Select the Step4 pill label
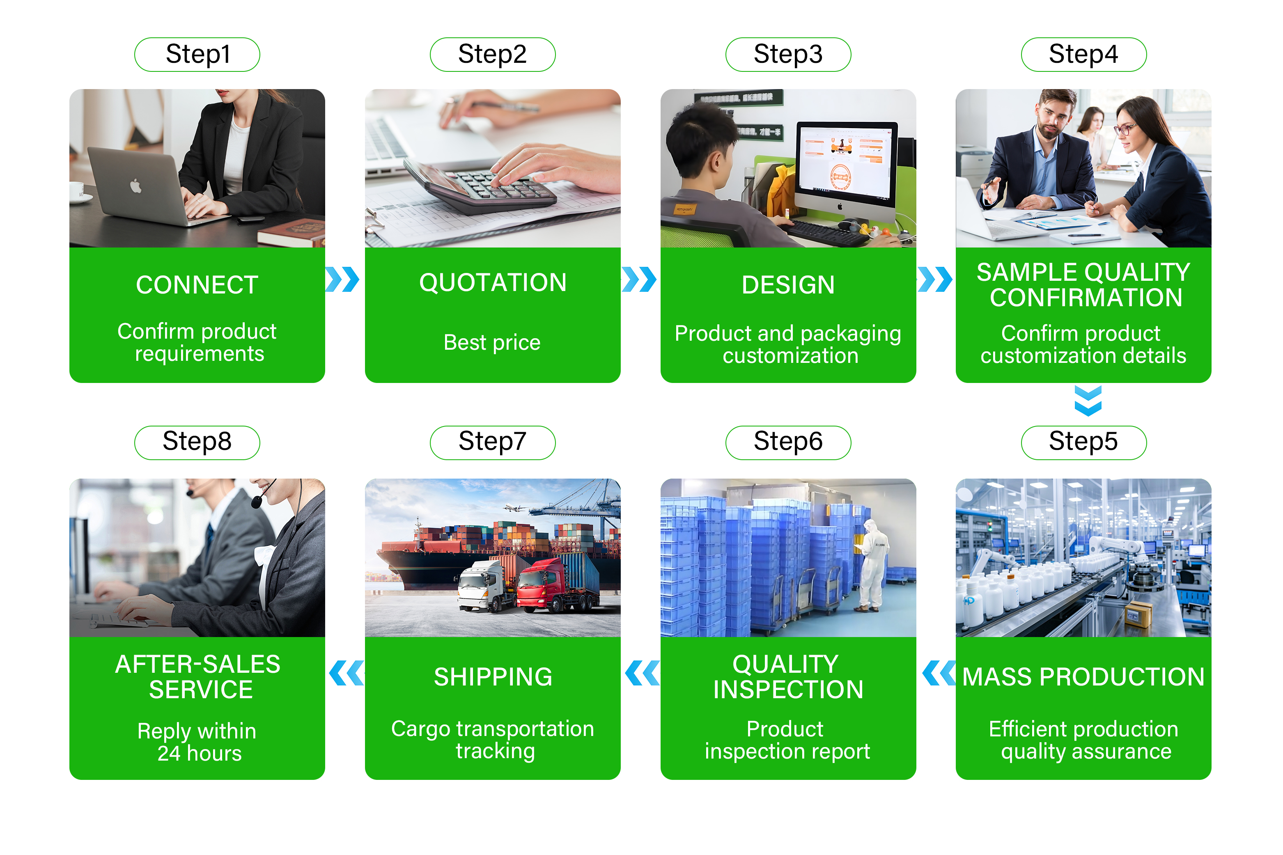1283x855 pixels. point(1083,55)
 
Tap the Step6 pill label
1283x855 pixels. point(787,442)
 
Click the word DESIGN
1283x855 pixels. point(788,284)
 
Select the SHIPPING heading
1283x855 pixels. point(493,677)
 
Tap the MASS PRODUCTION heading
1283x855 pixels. point(1083,677)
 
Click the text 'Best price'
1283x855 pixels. point(492,342)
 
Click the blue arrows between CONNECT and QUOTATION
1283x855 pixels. point(342,279)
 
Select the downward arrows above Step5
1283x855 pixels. point(1088,400)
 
